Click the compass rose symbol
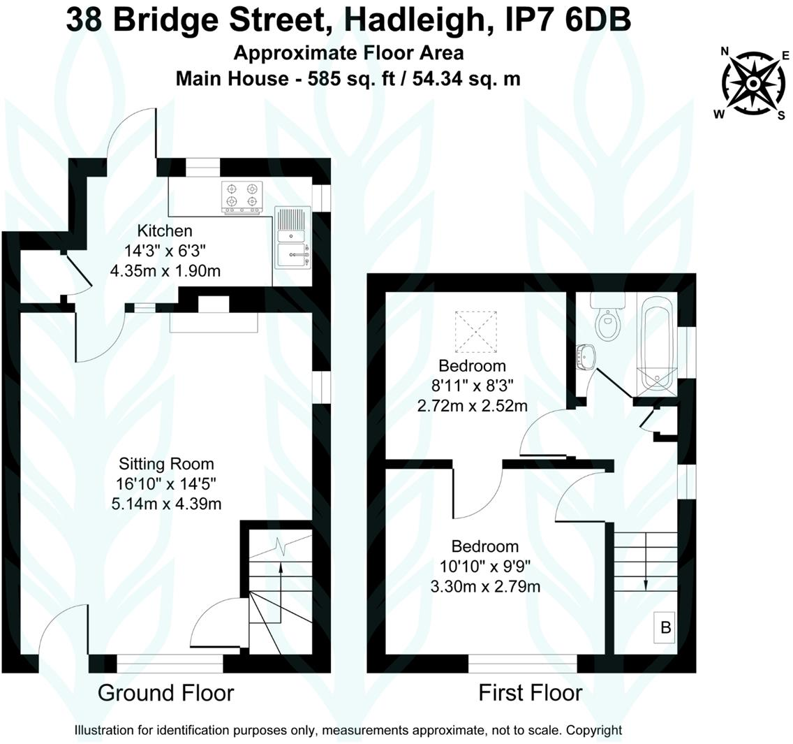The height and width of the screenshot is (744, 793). point(754,84)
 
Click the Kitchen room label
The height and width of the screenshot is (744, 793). point(164,231)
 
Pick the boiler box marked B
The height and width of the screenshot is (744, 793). point(665,627)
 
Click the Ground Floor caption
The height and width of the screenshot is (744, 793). point(165,693)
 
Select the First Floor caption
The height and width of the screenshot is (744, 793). point(530,693)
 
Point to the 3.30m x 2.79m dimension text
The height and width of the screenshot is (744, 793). point(485,585)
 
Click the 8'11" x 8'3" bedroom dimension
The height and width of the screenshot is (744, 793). point(472,385)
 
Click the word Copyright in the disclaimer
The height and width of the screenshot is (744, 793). point(593,730)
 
